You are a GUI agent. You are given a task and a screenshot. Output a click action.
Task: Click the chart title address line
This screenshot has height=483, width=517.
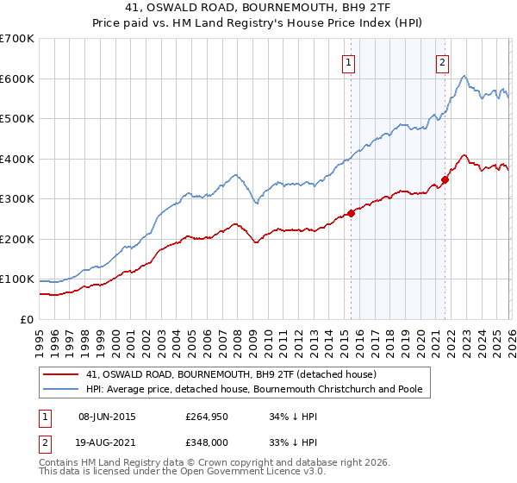click(258, 8)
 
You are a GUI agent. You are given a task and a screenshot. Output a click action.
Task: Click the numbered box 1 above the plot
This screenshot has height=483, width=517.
click(348, 61)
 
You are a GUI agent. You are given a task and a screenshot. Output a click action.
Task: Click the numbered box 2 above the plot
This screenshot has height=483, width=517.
click(442, 61)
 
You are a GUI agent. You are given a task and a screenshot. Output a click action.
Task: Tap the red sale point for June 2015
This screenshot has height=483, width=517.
click(351, 213)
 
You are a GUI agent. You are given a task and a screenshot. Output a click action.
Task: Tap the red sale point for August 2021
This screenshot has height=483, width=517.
click(445, 179)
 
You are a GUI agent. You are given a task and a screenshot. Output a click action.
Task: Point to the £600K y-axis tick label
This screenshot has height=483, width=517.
click(17, 78)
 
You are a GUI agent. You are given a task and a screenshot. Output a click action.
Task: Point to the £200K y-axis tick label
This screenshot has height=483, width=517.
click(17, 239)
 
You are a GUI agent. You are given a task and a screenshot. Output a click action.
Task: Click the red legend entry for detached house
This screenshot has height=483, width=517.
click(231, 374)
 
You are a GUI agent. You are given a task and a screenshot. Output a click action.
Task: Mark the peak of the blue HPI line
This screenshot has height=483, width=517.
click(464, 77)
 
